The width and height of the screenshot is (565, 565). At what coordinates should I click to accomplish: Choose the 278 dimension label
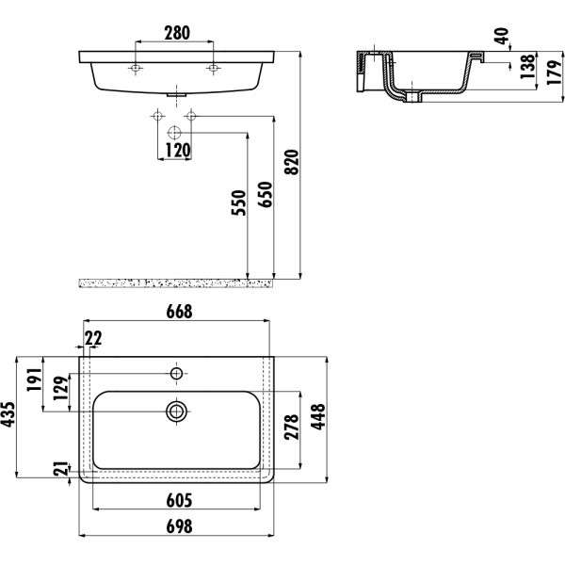pos(292,430)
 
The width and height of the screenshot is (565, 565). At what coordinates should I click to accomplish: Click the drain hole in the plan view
pos(176,411)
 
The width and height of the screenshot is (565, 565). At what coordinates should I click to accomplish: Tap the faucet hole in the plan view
pos(176,374)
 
